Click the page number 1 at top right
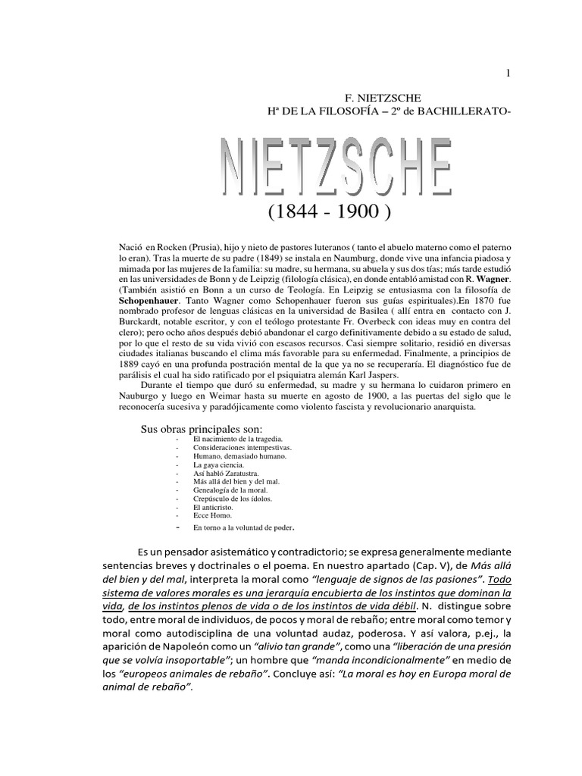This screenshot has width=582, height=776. click(508, 73)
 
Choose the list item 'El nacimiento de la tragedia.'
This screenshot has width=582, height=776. click(228, 440)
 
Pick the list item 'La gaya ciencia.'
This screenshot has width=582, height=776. click(216, 465)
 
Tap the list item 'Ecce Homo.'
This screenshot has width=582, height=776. click(211, 516)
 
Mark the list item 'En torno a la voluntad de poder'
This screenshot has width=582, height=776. click(242, 527)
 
